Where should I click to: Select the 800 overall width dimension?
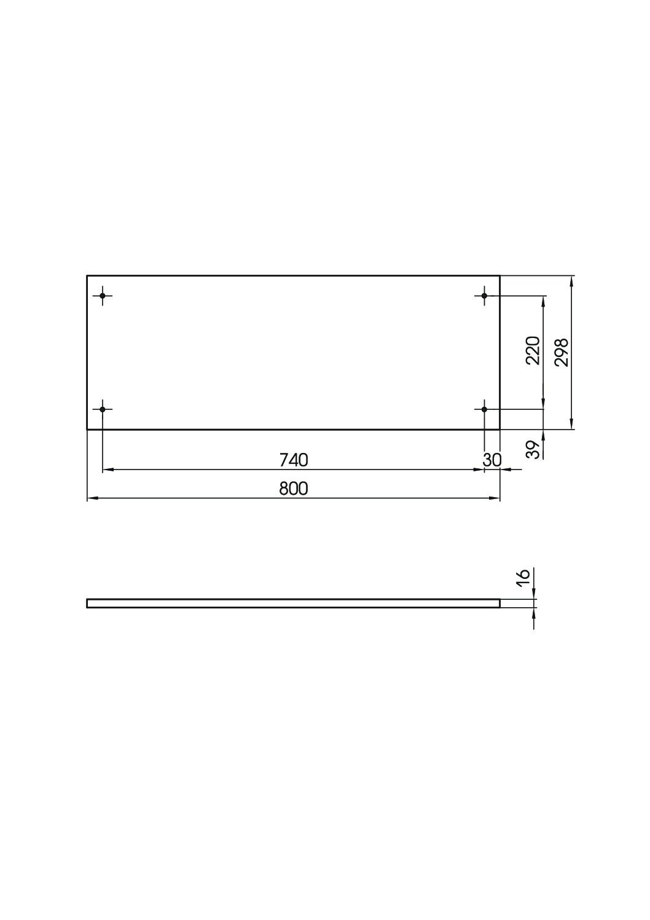pyautogui.click(x=294, y=489)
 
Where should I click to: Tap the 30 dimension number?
pyautogui.click(x=492, y=460)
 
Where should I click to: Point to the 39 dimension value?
pyautogui.click(x=533, y=449)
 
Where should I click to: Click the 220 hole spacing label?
pyautogui.click(x=533, y=350)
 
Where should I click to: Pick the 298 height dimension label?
pyautogui.click(x=562, y=352)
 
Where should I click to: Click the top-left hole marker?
pyautogui.click(x=102, y=296)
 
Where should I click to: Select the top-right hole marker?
pyautogui.click(x=484, y=296)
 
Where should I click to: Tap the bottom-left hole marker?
pyautogui.click(x=102, y=409)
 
